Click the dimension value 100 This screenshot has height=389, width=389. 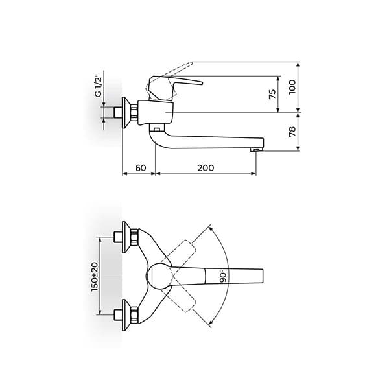(293, 87)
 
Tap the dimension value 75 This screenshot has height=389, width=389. (272, 94)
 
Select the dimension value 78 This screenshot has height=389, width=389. (293, 132)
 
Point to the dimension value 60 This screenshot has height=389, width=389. (141, 168)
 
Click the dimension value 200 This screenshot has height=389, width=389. (206, 168)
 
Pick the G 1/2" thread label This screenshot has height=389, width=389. (99, 86)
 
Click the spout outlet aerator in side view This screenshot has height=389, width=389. (257, 149)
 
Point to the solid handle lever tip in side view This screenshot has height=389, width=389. (202, 83)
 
